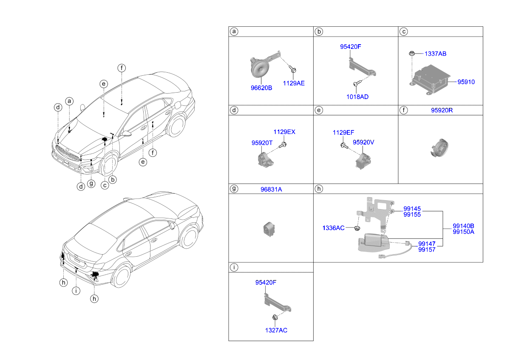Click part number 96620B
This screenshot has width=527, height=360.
pyautogui.click(x=261, y=88)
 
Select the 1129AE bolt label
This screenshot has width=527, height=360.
pyautogui.click(x=294, y=83)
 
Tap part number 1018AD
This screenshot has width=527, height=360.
pyautogui.click(x=357, y=97)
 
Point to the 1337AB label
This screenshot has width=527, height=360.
pyautogui.click(x=435, y=54)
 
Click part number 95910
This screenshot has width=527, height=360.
pyautogui.click(x=466, y=82)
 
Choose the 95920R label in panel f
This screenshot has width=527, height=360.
pyautogui.click(x=442, y=110)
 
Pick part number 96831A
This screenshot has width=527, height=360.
pyautogui.click(x=271, y=190)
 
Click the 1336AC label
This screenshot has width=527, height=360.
pyautogui.click(x=333, y=228)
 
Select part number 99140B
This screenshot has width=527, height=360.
pyautogui.click(x=463, y=226)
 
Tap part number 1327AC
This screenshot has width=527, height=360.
pyautogui.click(x=276, y=330)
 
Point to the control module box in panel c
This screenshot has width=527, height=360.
pyautogui.click(x=431, y=79)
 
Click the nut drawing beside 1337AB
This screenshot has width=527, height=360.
pyautogui.click(x=411, y=54)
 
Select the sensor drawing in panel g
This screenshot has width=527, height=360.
pyautogui.click(x=269, y=229)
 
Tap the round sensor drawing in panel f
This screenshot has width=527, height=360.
pyautogui.click(x=440, y=148)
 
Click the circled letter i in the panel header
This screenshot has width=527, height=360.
pyautogui.click(x=234, y=267)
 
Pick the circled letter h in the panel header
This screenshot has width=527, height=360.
pyautogui.click(x=319, y=189)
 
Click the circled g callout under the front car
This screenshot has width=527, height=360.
pyautogui.click(x=91, y=184)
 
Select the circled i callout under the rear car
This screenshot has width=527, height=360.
pyautogui.click(x=76, y=291)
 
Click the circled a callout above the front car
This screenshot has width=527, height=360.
pyautogui.click(x=69, y=101)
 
